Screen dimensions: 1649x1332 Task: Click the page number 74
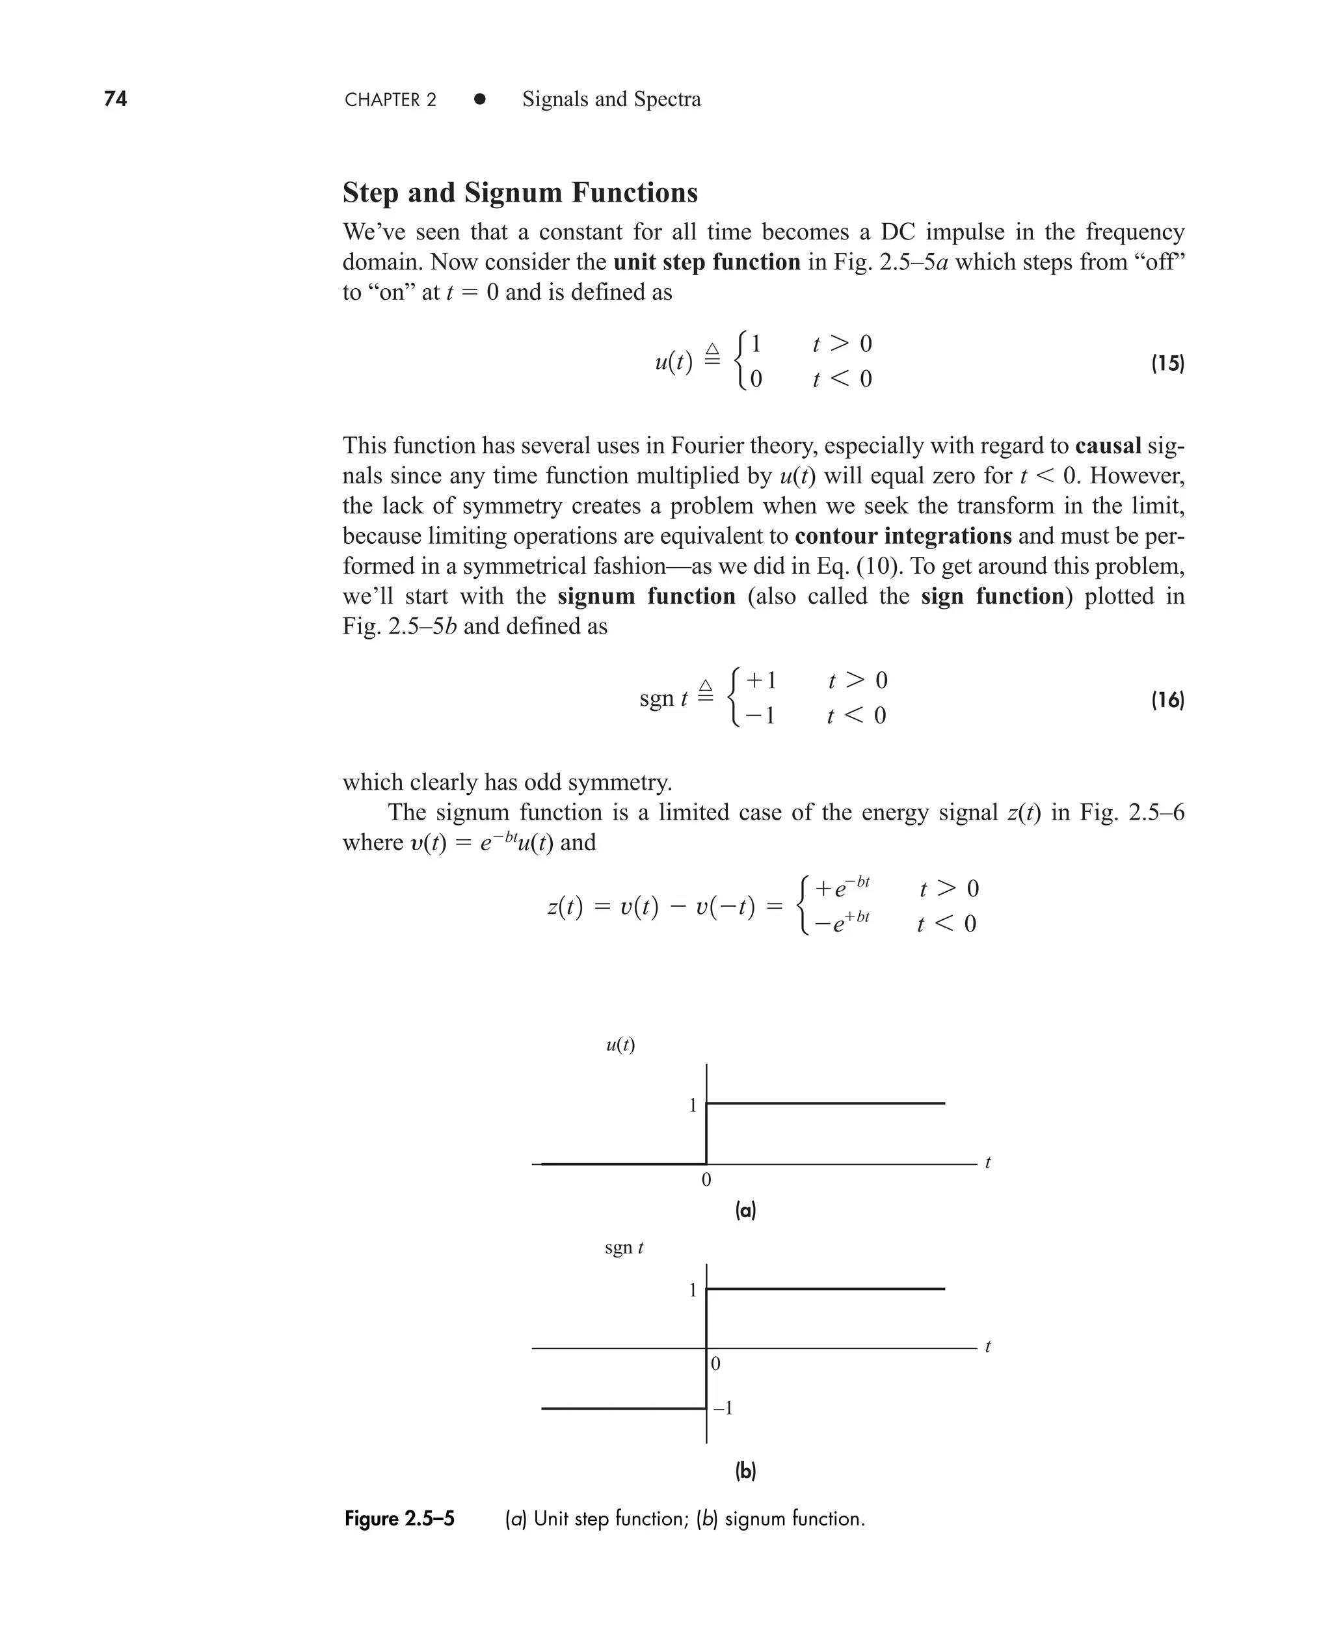(x=115, y=99)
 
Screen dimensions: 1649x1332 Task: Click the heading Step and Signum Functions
(x=520, y=193)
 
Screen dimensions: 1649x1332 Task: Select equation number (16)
(x=1167, y=700)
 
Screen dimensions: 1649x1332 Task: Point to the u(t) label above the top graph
(x=620, y=1045)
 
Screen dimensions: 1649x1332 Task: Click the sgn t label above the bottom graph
(x=623, y=1248)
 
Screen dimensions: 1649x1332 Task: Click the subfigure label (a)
(x=745, y=1211)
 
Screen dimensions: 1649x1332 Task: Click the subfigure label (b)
(x=745, y=1471)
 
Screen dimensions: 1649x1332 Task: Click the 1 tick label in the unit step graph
(x=692, y=1106)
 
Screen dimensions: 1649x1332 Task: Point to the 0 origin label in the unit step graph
(x=706, y=1180)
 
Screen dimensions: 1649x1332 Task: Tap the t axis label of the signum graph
(x=987, y=1347)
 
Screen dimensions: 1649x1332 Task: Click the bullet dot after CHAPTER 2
(x=479, y=99)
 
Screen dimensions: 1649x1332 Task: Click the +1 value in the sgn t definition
(x=761, y=680)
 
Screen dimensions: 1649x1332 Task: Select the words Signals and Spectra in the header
(x=611, y=99)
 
